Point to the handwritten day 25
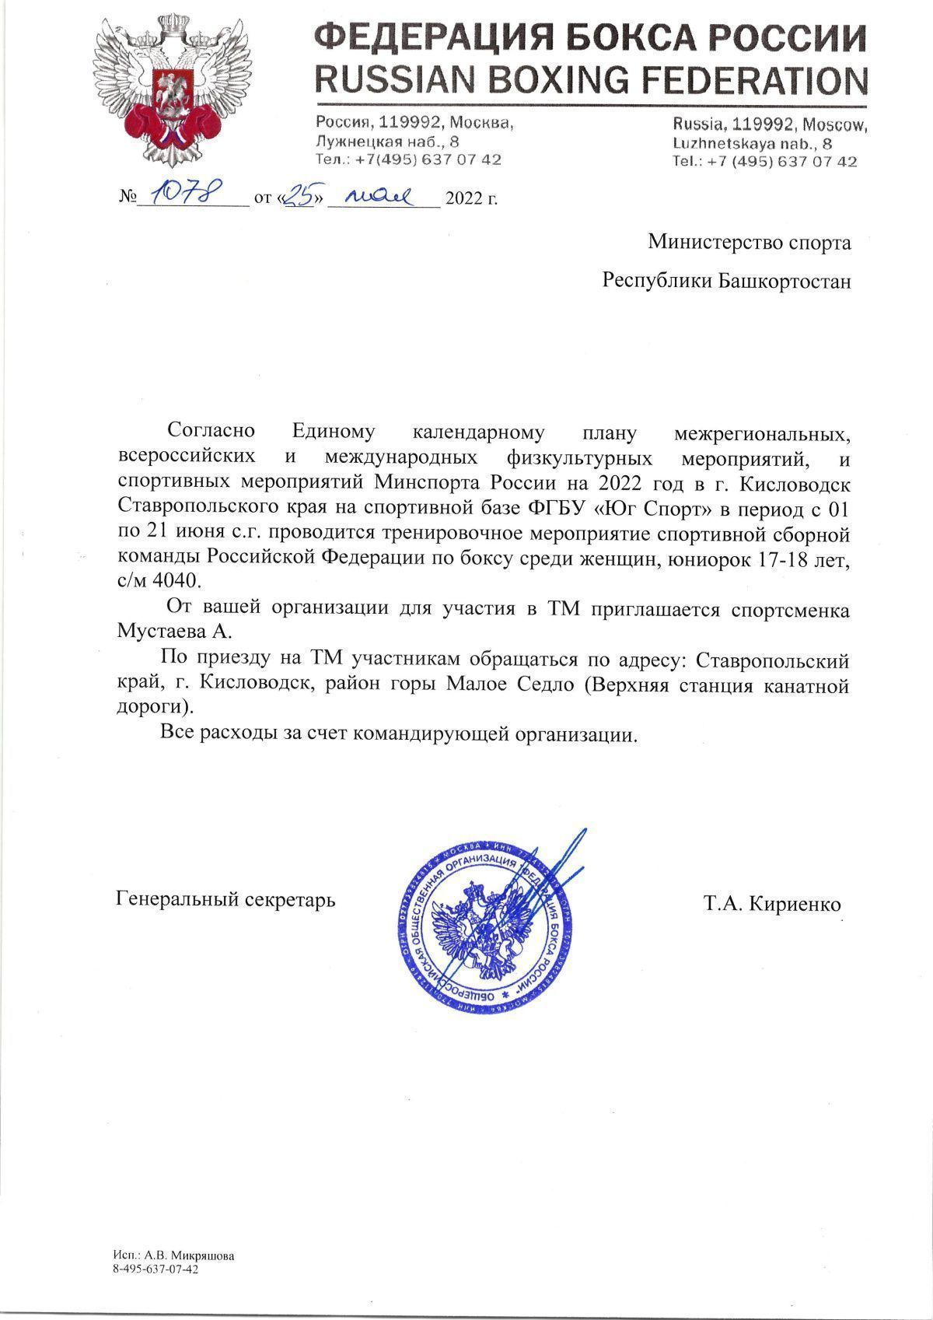(299, 195)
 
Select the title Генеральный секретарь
(225, 901)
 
